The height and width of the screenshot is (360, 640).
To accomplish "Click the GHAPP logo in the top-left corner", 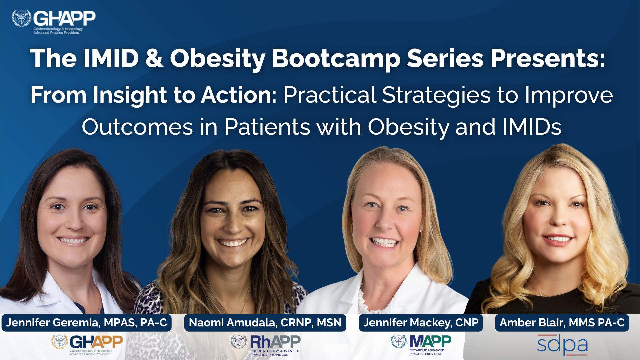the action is tap(54, 22).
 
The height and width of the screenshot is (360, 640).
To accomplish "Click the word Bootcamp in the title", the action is tap(336, 58).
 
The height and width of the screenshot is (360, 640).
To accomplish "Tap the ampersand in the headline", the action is tap(154, 58).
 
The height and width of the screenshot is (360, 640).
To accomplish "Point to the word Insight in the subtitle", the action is tap(130, 96).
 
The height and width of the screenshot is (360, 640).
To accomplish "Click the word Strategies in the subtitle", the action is tap(436, 96).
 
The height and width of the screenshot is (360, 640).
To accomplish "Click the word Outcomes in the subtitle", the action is tap(137, 127).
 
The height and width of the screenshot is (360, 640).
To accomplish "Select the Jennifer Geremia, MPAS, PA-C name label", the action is tap(87, 323).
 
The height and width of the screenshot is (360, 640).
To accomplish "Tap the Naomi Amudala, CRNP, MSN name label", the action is tap(265, 323).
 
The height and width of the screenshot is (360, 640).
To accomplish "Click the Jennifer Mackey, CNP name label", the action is tap(421, 323).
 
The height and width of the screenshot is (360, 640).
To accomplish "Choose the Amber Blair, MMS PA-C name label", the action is tap(562, 323).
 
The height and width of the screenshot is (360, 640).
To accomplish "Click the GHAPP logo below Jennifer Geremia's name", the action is tap(87, 345).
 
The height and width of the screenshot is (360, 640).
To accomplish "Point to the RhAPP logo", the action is tap(265, 345).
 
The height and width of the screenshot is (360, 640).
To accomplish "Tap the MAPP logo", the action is tap(421, 345).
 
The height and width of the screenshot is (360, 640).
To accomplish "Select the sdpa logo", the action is tap(562, 345).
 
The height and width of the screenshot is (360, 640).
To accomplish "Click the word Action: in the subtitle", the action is tap(239, 95).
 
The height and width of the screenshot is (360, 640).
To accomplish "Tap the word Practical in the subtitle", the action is tap(330, 95).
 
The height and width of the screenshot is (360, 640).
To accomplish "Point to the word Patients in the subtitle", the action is tap(267, 127).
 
